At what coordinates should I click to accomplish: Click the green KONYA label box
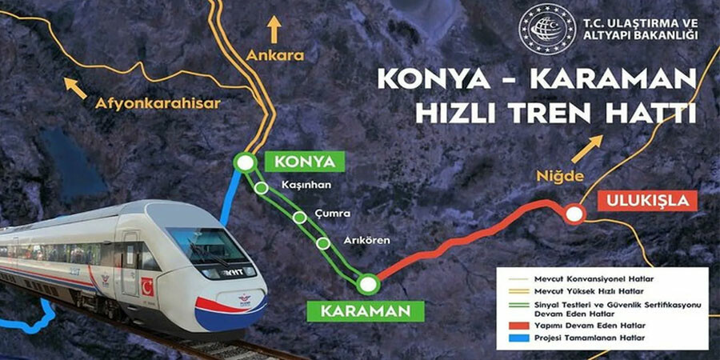[304, 162]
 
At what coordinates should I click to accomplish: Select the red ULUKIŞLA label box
[646, 201]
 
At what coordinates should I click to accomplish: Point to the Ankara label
[276, 57]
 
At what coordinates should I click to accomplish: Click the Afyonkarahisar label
[157, 103]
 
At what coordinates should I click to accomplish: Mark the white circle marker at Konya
[246, 162]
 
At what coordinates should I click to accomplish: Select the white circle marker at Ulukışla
[574, 214]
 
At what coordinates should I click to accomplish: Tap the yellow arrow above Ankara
[275, 28]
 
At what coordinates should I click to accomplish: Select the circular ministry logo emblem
[546, 30]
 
